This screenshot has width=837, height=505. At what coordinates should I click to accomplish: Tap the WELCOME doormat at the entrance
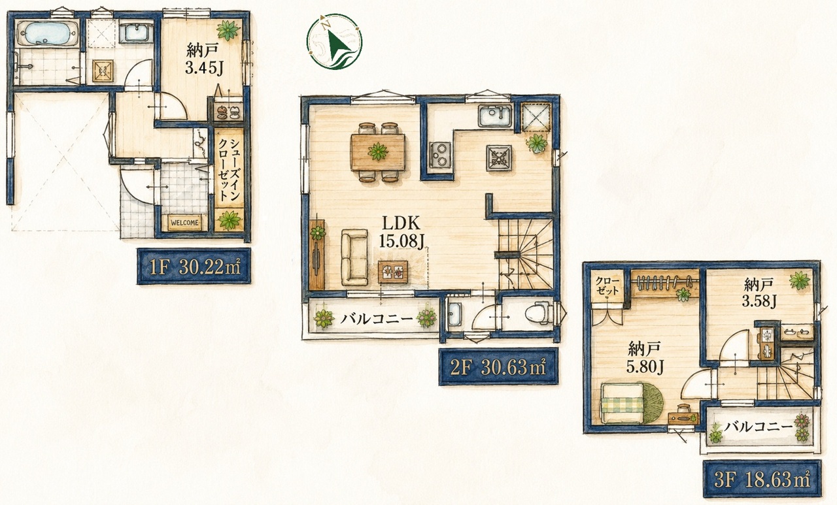point(184,223)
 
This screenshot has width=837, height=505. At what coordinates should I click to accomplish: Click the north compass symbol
point(334,41)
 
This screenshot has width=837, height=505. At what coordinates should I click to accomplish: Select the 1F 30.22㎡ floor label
point(194,267)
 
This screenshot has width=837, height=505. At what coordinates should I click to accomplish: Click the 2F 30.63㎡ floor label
point(498,367)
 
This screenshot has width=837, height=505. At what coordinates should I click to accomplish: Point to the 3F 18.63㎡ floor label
point(762,480)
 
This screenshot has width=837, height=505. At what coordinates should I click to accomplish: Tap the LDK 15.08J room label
point(401,233)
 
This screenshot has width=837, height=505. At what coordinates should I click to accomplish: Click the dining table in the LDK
point(378,152)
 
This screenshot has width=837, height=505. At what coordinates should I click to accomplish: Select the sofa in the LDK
point(354,257)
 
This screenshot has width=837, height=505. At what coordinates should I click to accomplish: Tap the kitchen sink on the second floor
point(495,116)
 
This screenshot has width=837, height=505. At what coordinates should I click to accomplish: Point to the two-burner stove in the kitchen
point(441,155)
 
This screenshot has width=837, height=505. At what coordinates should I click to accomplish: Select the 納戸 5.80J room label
point(645,357)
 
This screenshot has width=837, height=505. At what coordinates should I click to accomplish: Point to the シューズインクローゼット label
point(229,171)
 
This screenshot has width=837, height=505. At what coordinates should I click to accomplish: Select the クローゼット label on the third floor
point(607,285)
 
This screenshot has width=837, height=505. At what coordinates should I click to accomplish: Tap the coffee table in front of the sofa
point(393,271)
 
